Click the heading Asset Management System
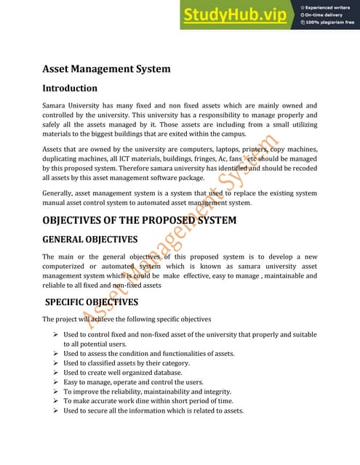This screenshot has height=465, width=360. [106, 69]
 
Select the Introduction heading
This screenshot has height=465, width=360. [69, 88]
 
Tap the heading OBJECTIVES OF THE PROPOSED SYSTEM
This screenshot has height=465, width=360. [139, 219]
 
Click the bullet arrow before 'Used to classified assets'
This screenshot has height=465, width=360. [56, 363]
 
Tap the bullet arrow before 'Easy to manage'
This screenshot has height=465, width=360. [56, 382]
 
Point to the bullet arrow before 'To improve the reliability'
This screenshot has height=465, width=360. [56, 392]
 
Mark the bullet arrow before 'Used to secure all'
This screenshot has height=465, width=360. [56, 411]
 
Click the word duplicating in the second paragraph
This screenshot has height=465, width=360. [63, 158]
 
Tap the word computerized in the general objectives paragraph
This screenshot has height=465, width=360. [66, 266]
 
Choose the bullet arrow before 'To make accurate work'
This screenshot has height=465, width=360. [56, 401]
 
